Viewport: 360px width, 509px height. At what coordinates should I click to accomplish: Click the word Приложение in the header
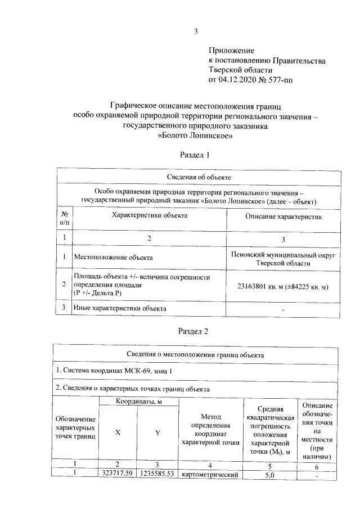232,51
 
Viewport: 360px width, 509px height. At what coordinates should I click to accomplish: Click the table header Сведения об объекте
195,178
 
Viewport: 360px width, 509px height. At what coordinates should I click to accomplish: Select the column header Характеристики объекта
149,216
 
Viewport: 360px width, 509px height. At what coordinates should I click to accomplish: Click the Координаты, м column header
139,402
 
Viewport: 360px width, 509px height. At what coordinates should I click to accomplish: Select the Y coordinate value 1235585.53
158,474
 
